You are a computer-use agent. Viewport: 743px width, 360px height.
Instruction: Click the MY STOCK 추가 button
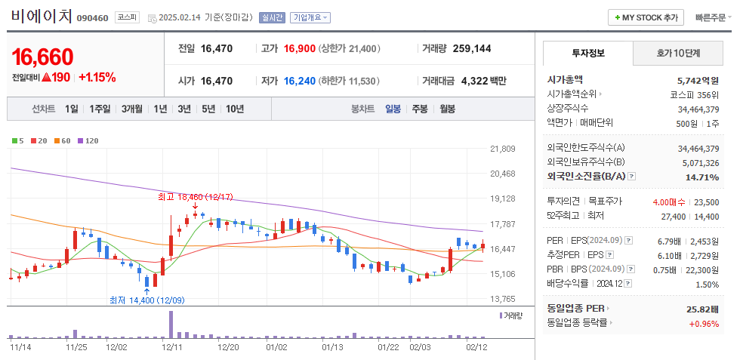pos(646,17)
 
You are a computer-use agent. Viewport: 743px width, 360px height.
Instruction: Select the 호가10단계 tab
pos(678,54)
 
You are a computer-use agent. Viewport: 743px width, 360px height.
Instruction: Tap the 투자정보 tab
pos(588,54)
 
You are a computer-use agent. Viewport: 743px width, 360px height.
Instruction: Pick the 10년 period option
pos(234,109)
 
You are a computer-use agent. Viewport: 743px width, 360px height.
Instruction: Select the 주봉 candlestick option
pos(420,109)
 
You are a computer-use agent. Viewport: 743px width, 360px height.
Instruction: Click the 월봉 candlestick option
pos(447,109)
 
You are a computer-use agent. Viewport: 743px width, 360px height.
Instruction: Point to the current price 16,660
pos(42,57)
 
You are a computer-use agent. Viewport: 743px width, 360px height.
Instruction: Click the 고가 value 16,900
pos(300,48)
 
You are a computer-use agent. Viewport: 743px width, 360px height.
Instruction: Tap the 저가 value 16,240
pos(300,81)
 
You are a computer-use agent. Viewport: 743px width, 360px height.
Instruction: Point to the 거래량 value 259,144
pos(472,48)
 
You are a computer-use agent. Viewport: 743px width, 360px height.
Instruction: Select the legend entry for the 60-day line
pos(63,140)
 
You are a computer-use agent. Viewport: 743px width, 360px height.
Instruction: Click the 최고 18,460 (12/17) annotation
pos(195,196)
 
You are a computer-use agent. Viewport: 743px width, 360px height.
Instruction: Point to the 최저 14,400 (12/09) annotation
pos(146,300)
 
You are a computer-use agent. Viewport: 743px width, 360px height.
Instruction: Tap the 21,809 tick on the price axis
pos(502,149)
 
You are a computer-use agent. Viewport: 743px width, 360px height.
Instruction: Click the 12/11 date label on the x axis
pos(173,347)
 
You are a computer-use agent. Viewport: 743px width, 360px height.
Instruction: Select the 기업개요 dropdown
pos(310,17)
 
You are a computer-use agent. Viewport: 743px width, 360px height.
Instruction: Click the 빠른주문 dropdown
pos(714,17)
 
